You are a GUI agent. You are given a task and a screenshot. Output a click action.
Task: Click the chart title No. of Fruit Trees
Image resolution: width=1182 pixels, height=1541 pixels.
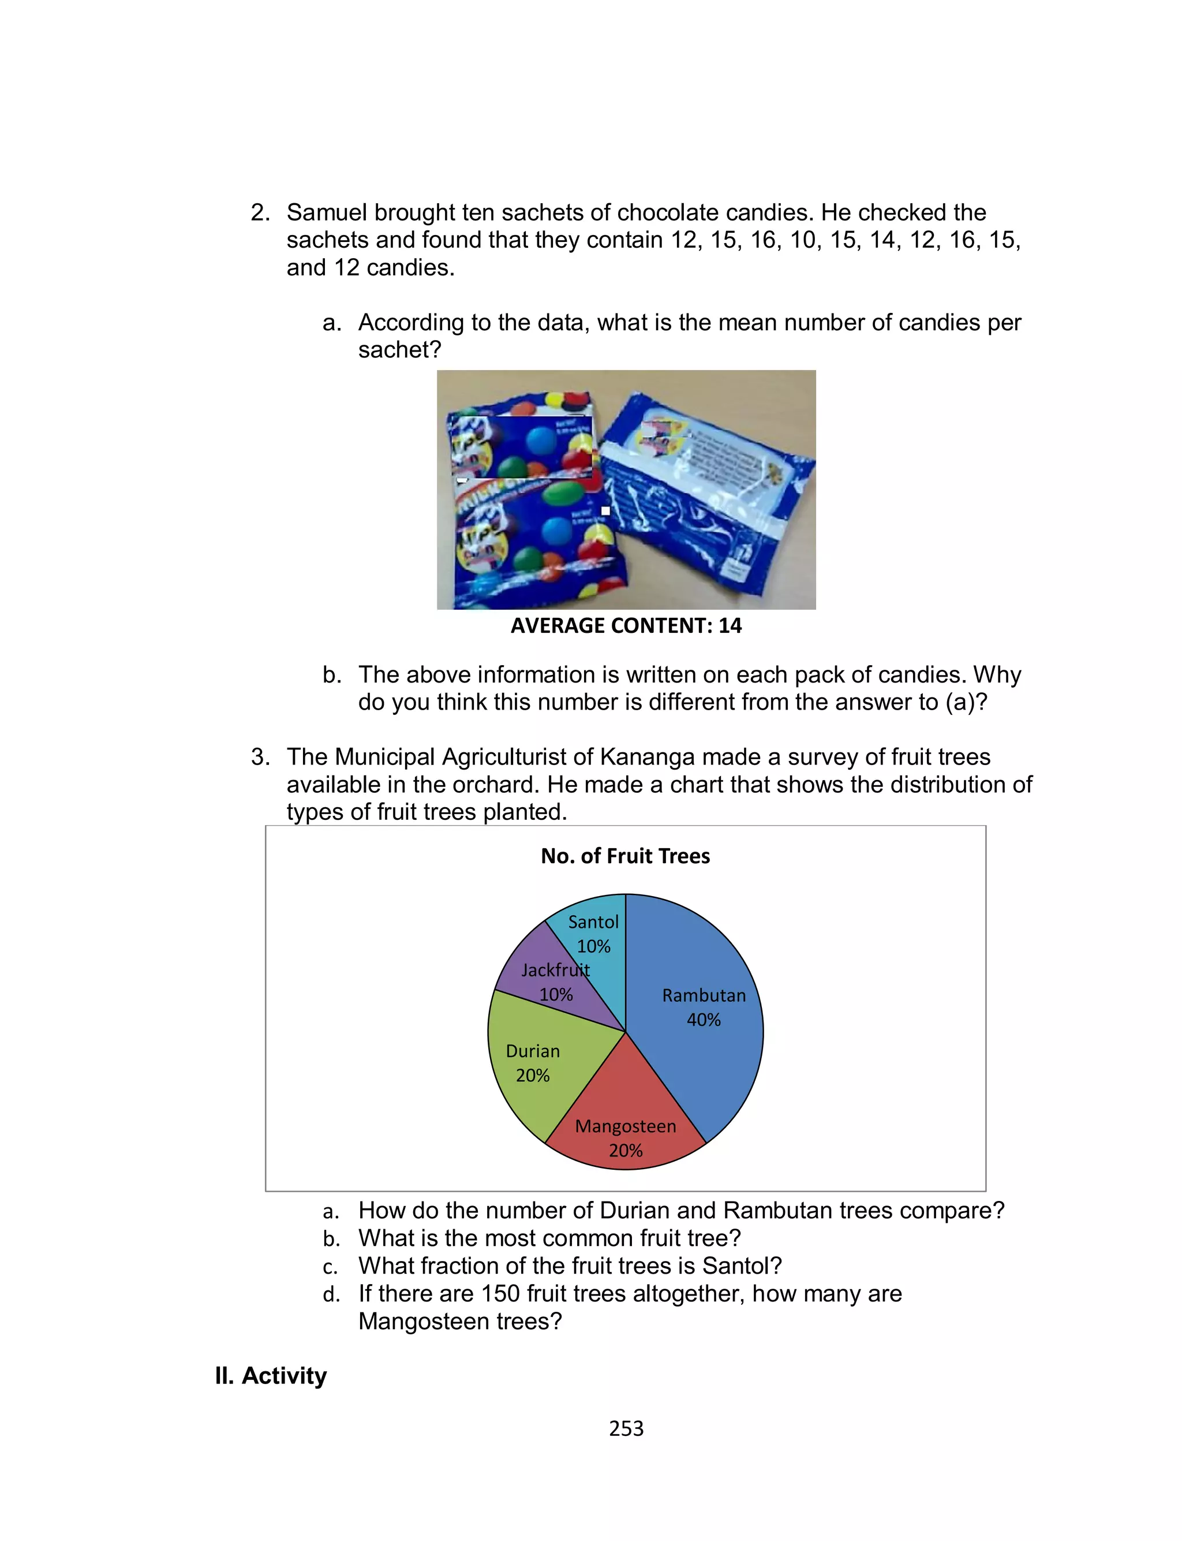pyautogui.click(x=625, y=856)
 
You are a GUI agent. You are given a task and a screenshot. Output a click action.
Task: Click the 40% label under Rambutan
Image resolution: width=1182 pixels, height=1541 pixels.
pyautogui.click(x=704, y=1020)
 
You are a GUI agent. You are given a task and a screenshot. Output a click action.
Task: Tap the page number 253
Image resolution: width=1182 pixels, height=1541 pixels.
pyautogui.click(x=626, y=1428)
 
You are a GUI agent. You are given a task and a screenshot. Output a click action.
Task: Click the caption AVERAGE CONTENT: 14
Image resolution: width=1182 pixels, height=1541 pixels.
pyautogui.click(x=626, y=625)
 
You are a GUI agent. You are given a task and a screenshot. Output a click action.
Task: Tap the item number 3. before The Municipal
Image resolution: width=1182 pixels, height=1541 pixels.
pyautogui.click(x=260, y=757)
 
